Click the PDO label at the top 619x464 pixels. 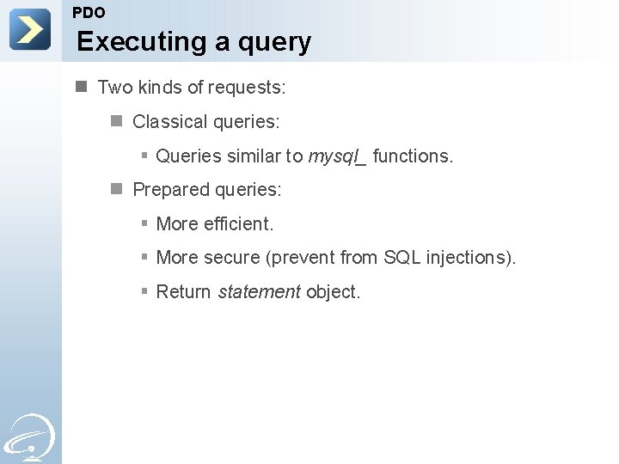pos(89,13)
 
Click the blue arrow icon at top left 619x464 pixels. pos(30,29)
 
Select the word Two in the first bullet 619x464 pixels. pos(115,88)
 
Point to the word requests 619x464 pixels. pos(248,89)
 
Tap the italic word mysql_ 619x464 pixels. pos(337,156)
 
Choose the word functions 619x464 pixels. pos(413,156)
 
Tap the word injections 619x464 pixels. pos(470,258)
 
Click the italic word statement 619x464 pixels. pos(259,292)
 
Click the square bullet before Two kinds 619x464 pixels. pos(81,87)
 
